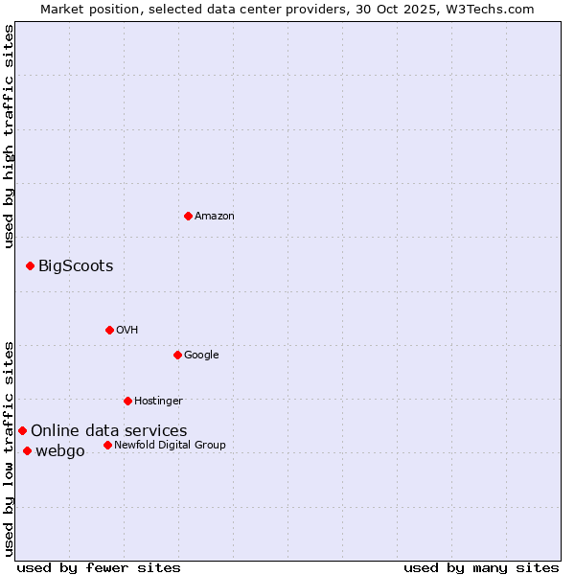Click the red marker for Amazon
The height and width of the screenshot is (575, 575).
tap(188, 216)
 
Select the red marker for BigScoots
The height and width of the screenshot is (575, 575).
tap(30, 265)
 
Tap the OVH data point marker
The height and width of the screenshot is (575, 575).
tap(109, 330)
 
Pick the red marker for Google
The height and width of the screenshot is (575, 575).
tap(177, 355)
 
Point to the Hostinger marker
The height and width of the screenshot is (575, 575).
tap(127, 401)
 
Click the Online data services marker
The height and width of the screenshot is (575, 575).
tap(22, 430)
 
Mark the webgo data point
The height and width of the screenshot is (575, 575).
tap(27, 450)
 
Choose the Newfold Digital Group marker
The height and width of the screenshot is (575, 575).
tap(107, 445)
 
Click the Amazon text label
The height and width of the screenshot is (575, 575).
tap(215, 216)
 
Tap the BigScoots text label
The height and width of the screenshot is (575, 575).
tap(76, 265)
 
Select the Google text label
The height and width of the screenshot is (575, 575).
tap(201, 355)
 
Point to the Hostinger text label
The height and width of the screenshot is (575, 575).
tap(158, 401)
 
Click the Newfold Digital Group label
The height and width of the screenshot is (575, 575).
tap(170, 445)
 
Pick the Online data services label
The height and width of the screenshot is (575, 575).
tap(109, 430)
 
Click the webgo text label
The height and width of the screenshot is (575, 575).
tap(60, 450)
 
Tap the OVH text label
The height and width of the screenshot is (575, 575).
tap(127, 330)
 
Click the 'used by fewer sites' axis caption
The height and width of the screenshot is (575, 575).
tap(99, 567)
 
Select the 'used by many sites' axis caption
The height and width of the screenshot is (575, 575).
tap(481, 567)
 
